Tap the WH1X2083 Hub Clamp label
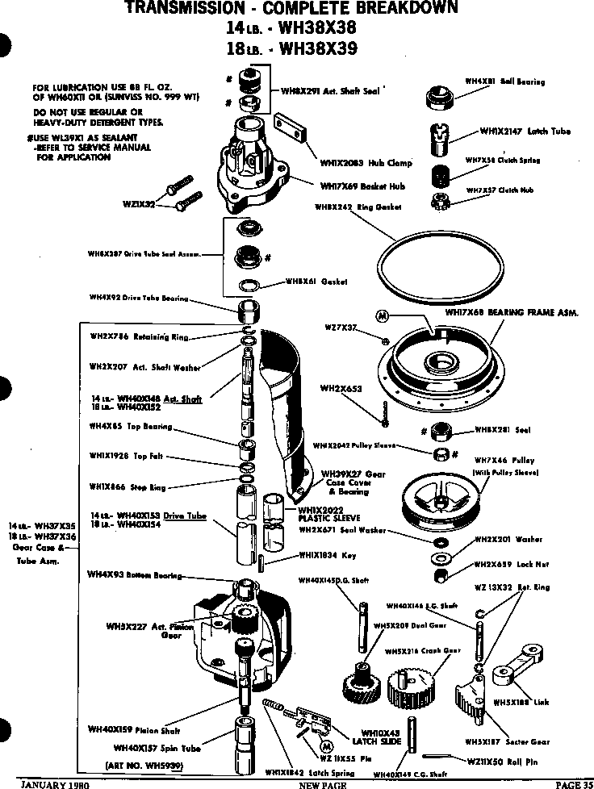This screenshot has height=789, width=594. pos(354,162)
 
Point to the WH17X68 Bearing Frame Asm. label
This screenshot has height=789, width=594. pos(511,311)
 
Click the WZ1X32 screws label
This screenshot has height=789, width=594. pos(139,205)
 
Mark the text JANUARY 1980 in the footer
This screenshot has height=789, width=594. pos(56,783)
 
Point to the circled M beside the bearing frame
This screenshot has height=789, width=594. pos(383,314)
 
